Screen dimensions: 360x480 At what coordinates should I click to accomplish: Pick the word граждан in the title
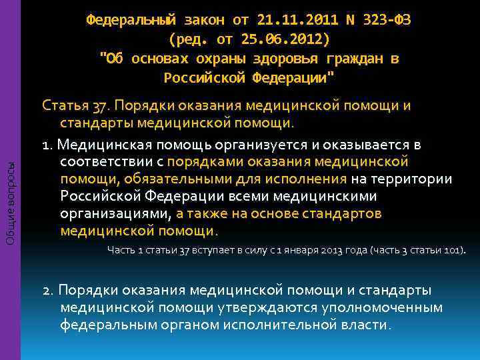pyautogui.click(x=352, y=59)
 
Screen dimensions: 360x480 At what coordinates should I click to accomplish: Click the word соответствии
pyautogui.click(x=103, y=162)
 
